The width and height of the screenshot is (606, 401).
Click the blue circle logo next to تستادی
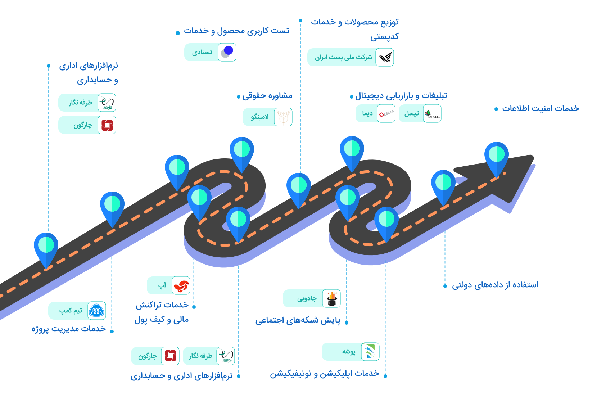point(227,52)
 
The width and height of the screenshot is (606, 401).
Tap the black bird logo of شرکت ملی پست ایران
point(385,57)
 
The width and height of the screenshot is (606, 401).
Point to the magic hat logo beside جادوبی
point(331,298)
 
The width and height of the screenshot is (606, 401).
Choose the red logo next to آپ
point(181,285)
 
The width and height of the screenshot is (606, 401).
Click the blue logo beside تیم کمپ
point(96,311)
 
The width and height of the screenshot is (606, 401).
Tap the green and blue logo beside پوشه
point(370,352)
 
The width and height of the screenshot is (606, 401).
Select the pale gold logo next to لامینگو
point(283,117)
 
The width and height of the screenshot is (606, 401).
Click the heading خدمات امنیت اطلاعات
point(541,108)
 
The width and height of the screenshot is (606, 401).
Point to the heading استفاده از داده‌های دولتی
point(495,285)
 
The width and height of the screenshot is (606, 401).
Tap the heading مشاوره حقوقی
point(267,96)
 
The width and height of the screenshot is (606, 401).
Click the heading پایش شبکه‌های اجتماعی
point(298,321)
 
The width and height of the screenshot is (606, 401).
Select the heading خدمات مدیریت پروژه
point(69,329)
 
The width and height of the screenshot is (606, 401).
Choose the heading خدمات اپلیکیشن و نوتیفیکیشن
point(325,374)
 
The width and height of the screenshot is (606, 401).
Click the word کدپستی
point(384,36)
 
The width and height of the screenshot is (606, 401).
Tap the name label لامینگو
point(260,117)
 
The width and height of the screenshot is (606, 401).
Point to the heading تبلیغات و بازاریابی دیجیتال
point(401,96)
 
